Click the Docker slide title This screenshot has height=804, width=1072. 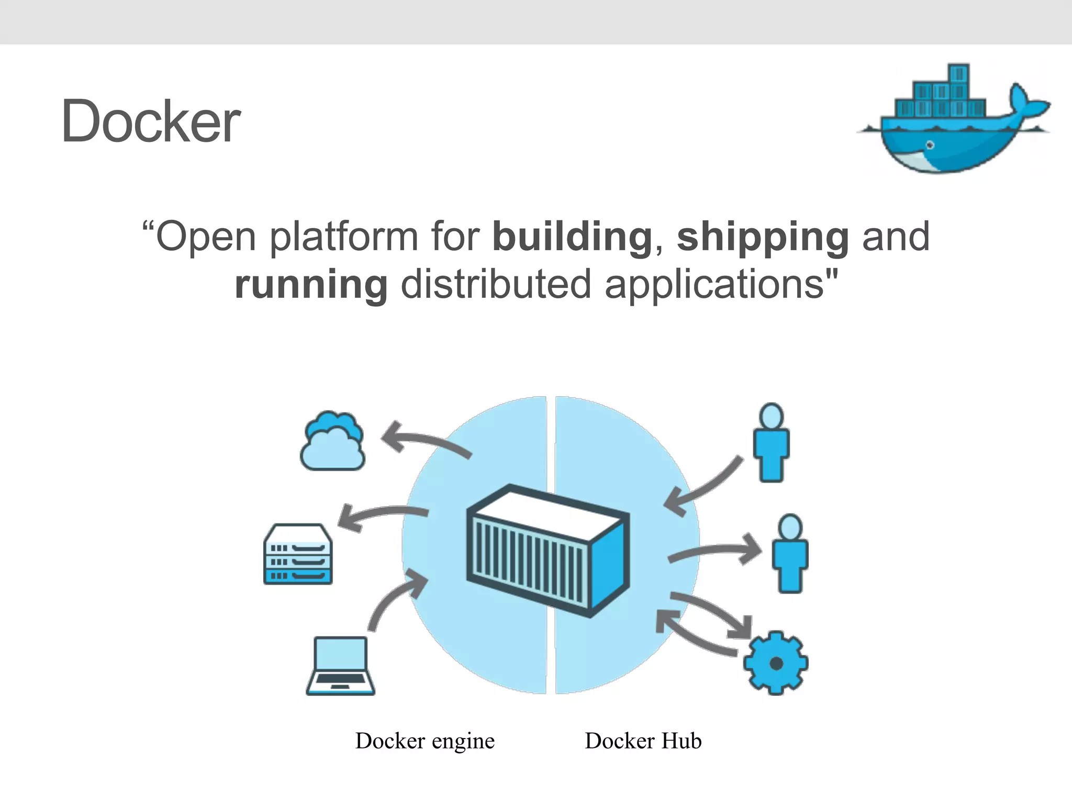pyautogui.click(x=151, y=121)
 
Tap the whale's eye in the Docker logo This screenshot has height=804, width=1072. pyautogui.click(x=930, y=145)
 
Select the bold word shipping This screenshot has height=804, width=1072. pyautogui.click(x=763, y=237)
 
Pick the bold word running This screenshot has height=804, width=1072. pyautogui.click(x=311, y=285)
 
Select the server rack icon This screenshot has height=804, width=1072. pyautogui.click(x=298, y=554)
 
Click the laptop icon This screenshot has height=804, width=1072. pyautogui.click(x=341, y=666)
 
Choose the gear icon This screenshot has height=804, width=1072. pyautogui.click(x=776, y=663)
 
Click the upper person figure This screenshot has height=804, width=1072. pyautogui.click(x=771, y=442)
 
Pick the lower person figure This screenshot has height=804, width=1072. pyautogui.click(x=790, y=554)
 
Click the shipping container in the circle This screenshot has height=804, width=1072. pyautogui.click(x=548, y=551)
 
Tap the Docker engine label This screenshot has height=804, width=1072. pyautogui.click(x=425, y=741)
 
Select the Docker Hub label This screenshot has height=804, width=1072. pyautogui.click(x=643, y=741)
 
